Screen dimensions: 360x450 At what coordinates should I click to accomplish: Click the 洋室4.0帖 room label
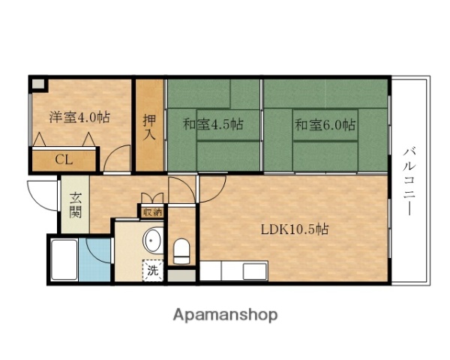(x=79, y=117)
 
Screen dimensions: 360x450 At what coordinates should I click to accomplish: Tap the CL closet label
(x=64, y=159)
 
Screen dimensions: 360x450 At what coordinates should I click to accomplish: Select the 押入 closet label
(x=150, y=125)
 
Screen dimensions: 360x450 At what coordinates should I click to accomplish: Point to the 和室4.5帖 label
(x=212, y=124)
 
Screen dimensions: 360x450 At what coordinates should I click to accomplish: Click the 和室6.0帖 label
(x=324, y=124)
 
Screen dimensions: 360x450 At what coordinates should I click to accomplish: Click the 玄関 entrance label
(x=76, y=205)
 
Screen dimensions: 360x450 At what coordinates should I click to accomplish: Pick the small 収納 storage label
(x=152, y=211)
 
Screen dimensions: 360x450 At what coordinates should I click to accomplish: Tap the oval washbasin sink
(x=153, y=240)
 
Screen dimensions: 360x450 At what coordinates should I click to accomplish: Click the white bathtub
(x=63, y=260)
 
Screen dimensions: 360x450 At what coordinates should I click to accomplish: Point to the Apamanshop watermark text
(x=225, y=314)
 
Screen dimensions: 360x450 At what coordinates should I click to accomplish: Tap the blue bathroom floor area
(x=94, y=259)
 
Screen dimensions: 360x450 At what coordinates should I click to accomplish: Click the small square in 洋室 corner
(x=37, y=84)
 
